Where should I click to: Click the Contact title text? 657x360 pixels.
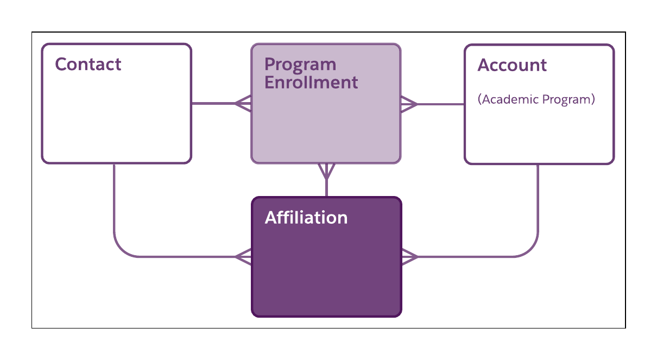click(88, 64)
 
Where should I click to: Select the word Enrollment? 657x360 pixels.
click(311, 83)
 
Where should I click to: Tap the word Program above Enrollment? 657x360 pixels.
click(300, 65)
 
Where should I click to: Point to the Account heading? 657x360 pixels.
click(511, 65)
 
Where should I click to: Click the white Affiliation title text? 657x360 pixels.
click(306, 218)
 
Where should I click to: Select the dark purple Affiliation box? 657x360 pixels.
click(326, 271)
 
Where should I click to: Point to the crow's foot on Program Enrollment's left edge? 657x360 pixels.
click(243, 103)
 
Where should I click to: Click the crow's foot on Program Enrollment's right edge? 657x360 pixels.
click(408, 104)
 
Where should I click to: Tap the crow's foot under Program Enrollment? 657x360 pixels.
click(326, 171)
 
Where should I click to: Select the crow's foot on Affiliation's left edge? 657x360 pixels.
click(243, 256)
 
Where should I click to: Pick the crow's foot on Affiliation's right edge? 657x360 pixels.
click(409, 256)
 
